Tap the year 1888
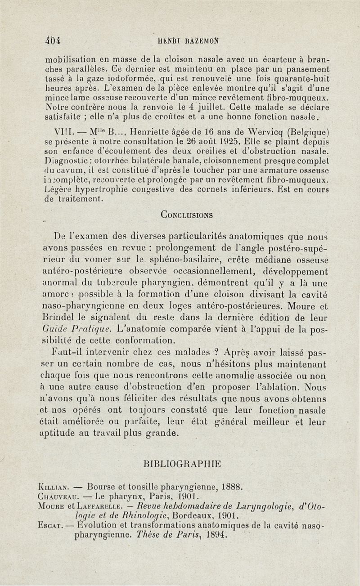(x=233, y=486)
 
